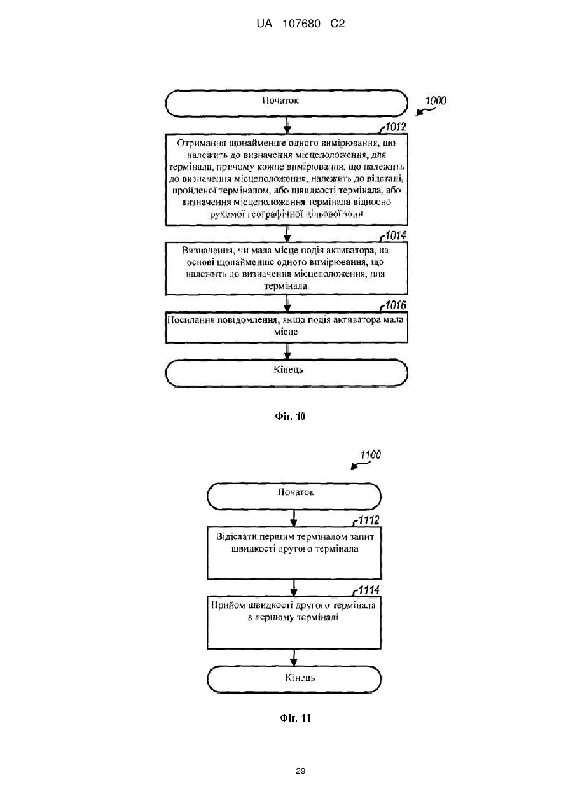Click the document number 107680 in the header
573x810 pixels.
(x=301, y=24)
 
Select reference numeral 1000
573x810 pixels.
(x=436, y=101)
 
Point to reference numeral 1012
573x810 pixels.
(x=396, y=127)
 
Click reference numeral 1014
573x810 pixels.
(x=396, y=235)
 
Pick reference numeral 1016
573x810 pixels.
(x=396, y=305)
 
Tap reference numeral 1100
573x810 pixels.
(x=371, y=454)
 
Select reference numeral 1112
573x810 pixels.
(x=369, y=520)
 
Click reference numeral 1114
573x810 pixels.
(x=369, y=590)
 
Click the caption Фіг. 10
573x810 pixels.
(x=290, y=417)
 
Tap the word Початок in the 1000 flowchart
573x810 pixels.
(x=280, y=101)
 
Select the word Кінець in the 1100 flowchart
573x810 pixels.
(x=300, y=677)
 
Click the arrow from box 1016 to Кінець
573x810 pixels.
(x=287, y=351)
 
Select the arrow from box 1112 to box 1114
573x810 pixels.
(x=294, y=587)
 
